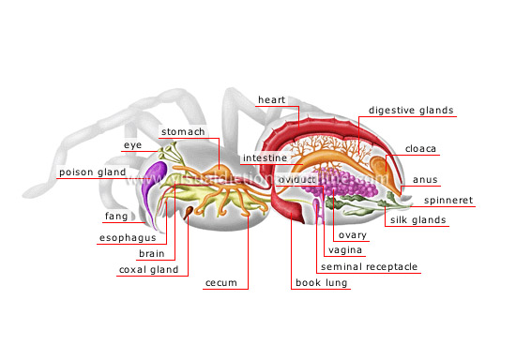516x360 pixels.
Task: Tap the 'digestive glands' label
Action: point(411,111)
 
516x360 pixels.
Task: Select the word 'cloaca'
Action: point(420,148)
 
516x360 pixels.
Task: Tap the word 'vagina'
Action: point(343,251)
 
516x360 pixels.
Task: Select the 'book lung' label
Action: point(318,282)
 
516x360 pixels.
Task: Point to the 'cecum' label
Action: point(220,282)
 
